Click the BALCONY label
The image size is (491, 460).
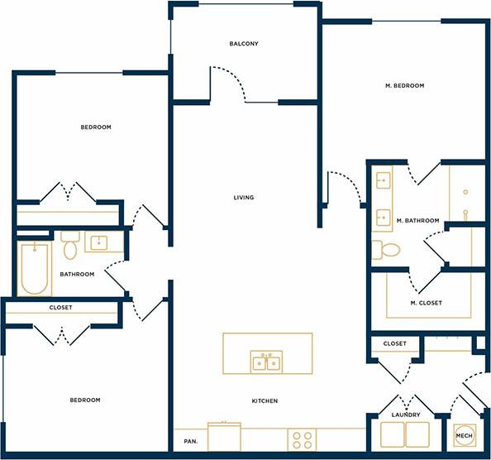244,44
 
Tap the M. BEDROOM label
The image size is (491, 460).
404,86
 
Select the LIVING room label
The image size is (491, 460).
243,198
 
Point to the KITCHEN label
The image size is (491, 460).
265,401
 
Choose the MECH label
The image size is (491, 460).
464,435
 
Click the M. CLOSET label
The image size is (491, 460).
426,303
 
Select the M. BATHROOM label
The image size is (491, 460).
416,221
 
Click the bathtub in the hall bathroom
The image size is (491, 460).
34,269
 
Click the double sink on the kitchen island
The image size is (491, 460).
266,362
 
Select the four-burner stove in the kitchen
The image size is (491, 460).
301,438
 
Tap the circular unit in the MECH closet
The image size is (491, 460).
464,435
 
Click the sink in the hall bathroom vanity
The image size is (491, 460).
98,242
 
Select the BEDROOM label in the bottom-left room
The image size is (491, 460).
83,400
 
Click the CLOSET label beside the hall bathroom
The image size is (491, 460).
60,308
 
